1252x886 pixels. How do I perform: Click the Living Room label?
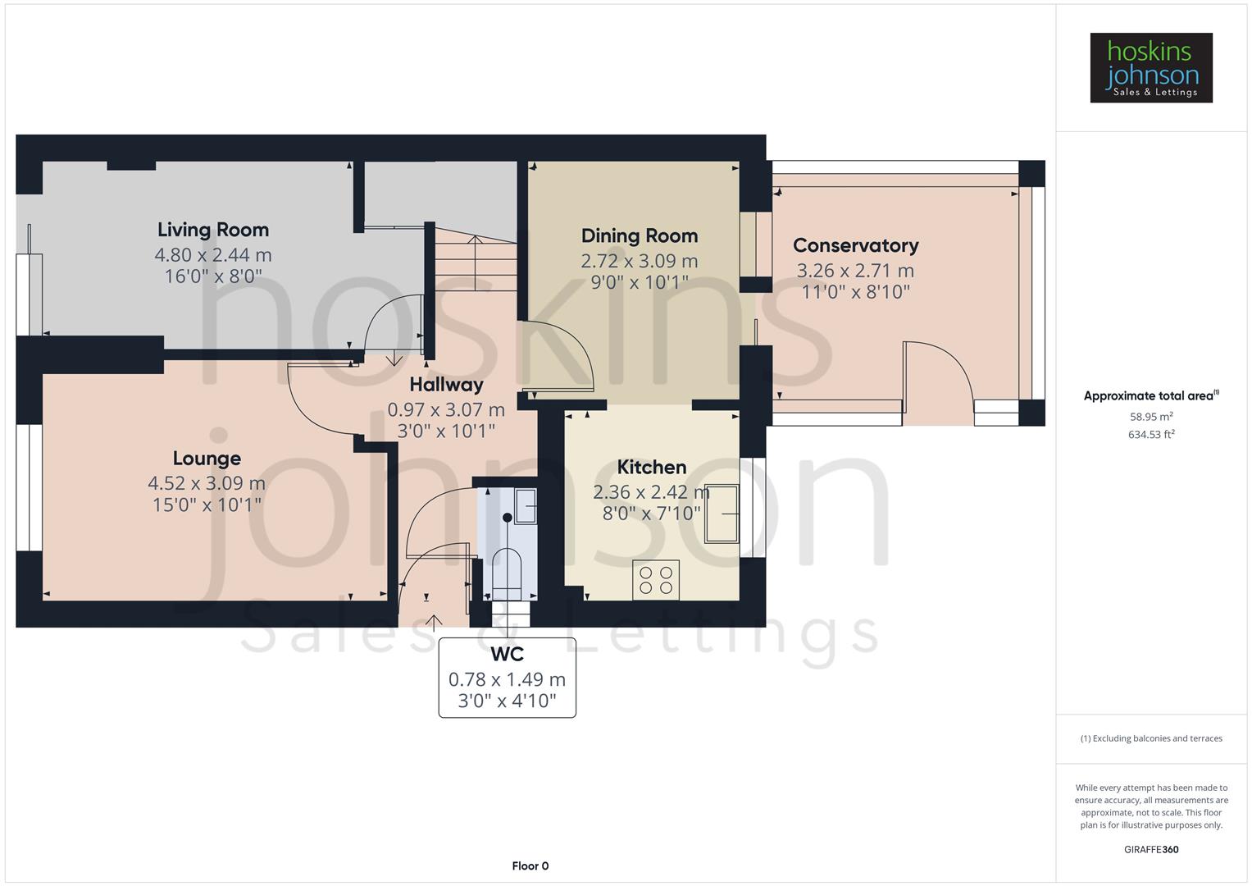pos(213,230)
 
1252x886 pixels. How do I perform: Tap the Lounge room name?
pos(207,459)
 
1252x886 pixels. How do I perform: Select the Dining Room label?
pos(640,236)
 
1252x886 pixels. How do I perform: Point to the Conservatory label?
pos(855,245)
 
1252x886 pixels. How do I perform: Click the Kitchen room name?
pos(651,468)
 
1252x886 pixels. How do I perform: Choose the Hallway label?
pos(446,385)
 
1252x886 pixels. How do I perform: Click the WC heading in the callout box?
pos(507,655)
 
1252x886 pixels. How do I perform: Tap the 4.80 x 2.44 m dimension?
pos(213,255)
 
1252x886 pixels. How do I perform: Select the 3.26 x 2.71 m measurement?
pos(855,271)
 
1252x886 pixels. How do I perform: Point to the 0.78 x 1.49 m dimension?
pos(507,679)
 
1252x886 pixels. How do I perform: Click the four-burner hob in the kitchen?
pos(656,580)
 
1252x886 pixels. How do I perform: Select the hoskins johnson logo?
pos(1150,68)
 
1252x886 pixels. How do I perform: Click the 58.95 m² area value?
pos(1151,417)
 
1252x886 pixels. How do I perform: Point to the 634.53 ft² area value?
pos(1151,435)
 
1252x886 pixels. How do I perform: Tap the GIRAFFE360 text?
pos(1151,850)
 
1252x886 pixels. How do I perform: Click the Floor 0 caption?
pos(530,866)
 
